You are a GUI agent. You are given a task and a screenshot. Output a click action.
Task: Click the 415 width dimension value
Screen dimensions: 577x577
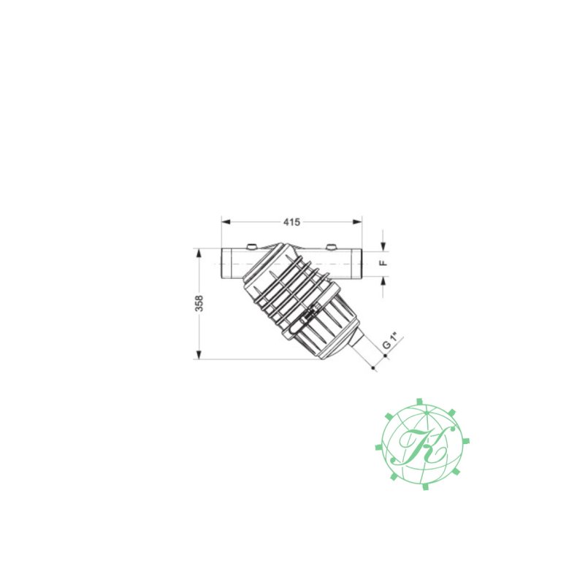coord(291,222)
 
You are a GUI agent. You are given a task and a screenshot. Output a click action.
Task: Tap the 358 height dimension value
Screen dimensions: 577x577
coord(199,303)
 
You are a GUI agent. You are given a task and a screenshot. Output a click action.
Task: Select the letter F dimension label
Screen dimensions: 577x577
coord(383,263)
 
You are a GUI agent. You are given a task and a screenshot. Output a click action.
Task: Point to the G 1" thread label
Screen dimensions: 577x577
coord(390,341)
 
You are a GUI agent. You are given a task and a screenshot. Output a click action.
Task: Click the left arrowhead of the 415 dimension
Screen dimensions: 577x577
coord(226,222)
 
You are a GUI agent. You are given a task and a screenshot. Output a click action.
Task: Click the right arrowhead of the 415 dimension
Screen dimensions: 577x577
coord(357,222)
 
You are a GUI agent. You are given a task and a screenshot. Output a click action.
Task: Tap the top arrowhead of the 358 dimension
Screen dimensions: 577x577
coord(199,253)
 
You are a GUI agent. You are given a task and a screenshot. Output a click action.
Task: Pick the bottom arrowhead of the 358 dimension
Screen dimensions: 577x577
coord(199,354)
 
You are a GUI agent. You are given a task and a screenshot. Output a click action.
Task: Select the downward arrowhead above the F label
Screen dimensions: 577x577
coord(383,247)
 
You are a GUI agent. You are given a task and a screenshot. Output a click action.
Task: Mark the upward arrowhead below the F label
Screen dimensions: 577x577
coord(383,281)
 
